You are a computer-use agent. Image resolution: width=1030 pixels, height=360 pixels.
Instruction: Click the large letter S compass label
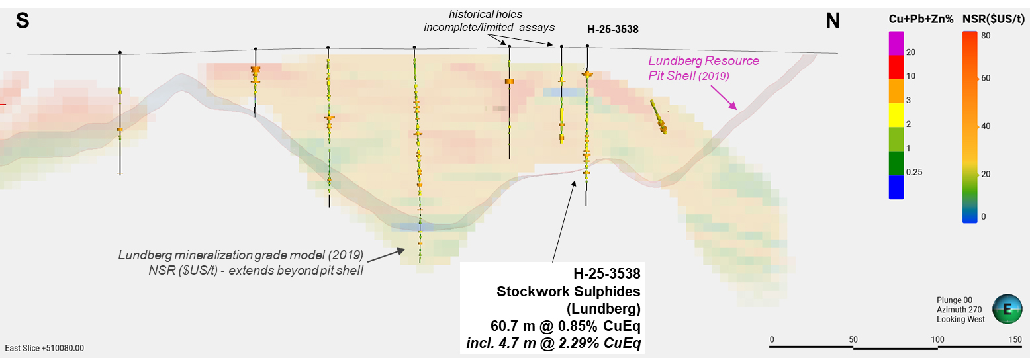pyautogui.click(x=22, y=21)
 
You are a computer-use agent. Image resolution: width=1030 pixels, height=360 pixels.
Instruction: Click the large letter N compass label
pyautogui.click(x=832, y=21)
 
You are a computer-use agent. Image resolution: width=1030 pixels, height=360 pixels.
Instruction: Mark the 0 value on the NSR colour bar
pyautogui.click(x=983, y=216)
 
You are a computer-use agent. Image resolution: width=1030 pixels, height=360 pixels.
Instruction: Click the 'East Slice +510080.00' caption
pyautogui.click(x=44, y=348)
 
